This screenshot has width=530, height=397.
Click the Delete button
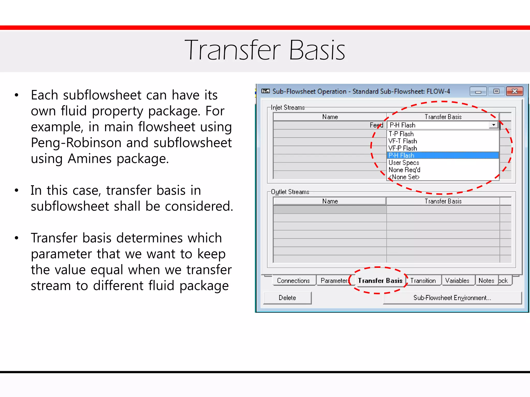(x=287, y=298)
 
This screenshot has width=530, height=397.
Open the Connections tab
(x=293, y=281)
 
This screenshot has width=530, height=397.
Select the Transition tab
(x=423, y=281)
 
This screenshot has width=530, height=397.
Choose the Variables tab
(x=457, y=281)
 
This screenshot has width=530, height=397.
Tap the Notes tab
(x=486, y=281)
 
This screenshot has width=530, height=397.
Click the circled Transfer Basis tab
(x=380, y=281)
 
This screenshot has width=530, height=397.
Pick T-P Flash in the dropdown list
(x=401, y=134)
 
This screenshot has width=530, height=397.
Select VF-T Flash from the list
(x=403, y=141)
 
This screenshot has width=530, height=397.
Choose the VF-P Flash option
(x=403, y=148)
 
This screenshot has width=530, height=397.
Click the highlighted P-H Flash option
(x=401, y=155)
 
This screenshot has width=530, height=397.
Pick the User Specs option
(x=404, y=163)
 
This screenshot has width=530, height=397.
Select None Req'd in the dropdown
(x=404, y=170)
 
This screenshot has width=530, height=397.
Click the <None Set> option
(x=404, y=177)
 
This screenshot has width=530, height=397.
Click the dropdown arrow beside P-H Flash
(x=494, y=125)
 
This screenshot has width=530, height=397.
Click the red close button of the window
(x=514, y=91)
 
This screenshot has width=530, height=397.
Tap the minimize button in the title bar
(x=478, y=91)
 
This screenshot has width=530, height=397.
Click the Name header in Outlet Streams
(x=330, y=201)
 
